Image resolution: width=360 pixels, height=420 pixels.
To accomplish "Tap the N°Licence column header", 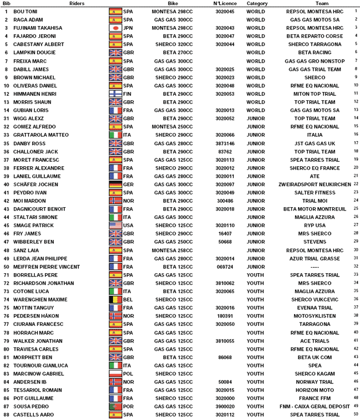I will click(x=225, y=3).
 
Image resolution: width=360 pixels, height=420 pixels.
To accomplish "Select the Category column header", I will click(x=257, y=3).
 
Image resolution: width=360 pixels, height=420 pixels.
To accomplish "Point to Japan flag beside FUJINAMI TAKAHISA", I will click(x=115, y=28).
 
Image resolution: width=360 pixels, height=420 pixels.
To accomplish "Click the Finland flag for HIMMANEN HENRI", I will click(x=115, y=94).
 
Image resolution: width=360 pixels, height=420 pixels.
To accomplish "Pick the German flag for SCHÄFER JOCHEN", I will click(x=115, y=184).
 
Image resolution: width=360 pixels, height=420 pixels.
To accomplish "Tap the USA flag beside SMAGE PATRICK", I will click(x=115, y=226).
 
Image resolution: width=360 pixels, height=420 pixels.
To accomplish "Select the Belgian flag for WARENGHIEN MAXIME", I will click(x=115, y=299).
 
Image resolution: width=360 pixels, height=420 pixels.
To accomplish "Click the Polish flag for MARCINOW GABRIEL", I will click(x=115, y=373).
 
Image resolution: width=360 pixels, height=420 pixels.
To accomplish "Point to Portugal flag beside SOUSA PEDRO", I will click(x=115, y=406).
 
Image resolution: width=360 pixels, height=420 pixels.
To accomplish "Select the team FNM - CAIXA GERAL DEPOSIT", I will click(x=314, y=406).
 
